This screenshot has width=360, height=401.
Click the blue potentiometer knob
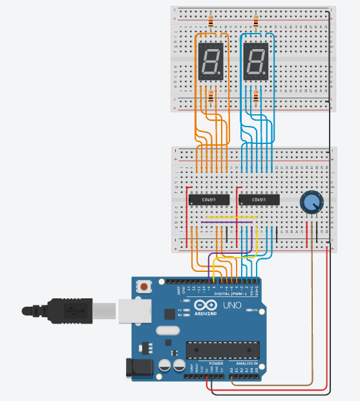pyautogui.click(x=312, y=203)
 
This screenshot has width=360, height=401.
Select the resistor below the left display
pyautogui.click(x=211, y=98)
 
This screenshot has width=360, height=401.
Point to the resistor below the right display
pyautogui.click(x=257, y=98)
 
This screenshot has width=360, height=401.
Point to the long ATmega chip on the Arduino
pyautogui.click(x=223, y=349)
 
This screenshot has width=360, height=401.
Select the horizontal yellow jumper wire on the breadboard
pyautogui.click(x=233, y=218)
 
